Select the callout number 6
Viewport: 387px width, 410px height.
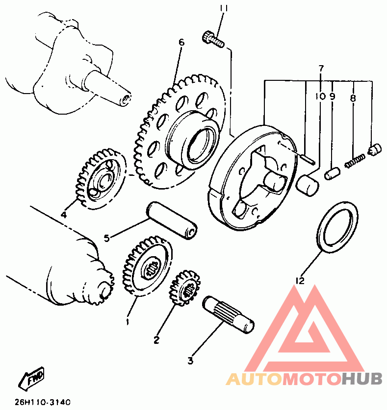(x=181, y=43)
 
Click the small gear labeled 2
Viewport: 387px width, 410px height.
(x=185, y=291)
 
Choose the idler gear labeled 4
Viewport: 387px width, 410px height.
(x=101, y=180)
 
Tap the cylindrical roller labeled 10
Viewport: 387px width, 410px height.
(x=308, y=185)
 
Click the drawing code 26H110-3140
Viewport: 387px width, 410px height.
(x=42, y=402)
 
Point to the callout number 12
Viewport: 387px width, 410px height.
(x=300, y=281)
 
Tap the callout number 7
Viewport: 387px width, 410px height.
(x=321, y=68)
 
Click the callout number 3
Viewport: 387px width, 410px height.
(x=190, y=362)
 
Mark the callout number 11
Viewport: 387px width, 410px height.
(x=224, y=8)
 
